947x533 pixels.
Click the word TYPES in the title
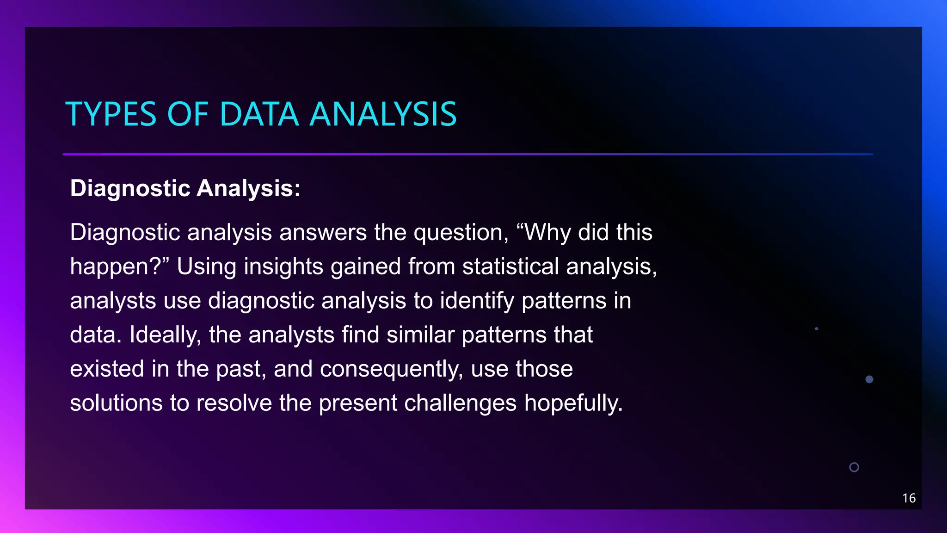(111, 114)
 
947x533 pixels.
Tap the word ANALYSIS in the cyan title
(383, 114)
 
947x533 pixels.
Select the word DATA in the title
(259, 114)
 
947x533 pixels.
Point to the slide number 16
(909, 498)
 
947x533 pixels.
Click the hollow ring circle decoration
(854, 467)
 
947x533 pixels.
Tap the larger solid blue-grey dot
(869, 379)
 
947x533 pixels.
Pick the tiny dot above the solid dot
(816, 328)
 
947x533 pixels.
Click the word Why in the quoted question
(547, 233)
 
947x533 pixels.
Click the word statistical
(510, 267)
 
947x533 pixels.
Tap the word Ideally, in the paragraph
(165, 335)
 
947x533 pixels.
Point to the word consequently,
(391, 369)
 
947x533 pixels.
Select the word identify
(477, 301)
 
